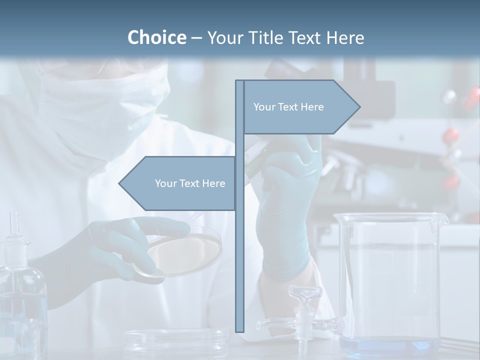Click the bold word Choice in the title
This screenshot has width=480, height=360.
click(x=156, y=37)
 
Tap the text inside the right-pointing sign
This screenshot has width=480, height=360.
click(x=288, y=107)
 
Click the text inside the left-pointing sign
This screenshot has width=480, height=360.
click(x=190, y=183)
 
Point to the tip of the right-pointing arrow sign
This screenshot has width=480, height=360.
click(x=359, y=106)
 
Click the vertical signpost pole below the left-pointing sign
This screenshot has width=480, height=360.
click(x=239, y=270)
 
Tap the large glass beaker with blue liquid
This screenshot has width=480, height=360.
click(x=388, y=280)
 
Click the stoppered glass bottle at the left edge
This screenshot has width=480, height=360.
click(x=20, y=290)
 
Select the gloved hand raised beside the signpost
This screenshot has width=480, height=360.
click(x=287, y=210)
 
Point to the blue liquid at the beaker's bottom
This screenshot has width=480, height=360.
click(x=387, y=346)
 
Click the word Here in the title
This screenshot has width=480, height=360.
click(x=345, y=37)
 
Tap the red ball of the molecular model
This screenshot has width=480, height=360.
click(x=451, y=135)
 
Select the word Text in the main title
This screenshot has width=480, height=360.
click(x=307, y=37)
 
